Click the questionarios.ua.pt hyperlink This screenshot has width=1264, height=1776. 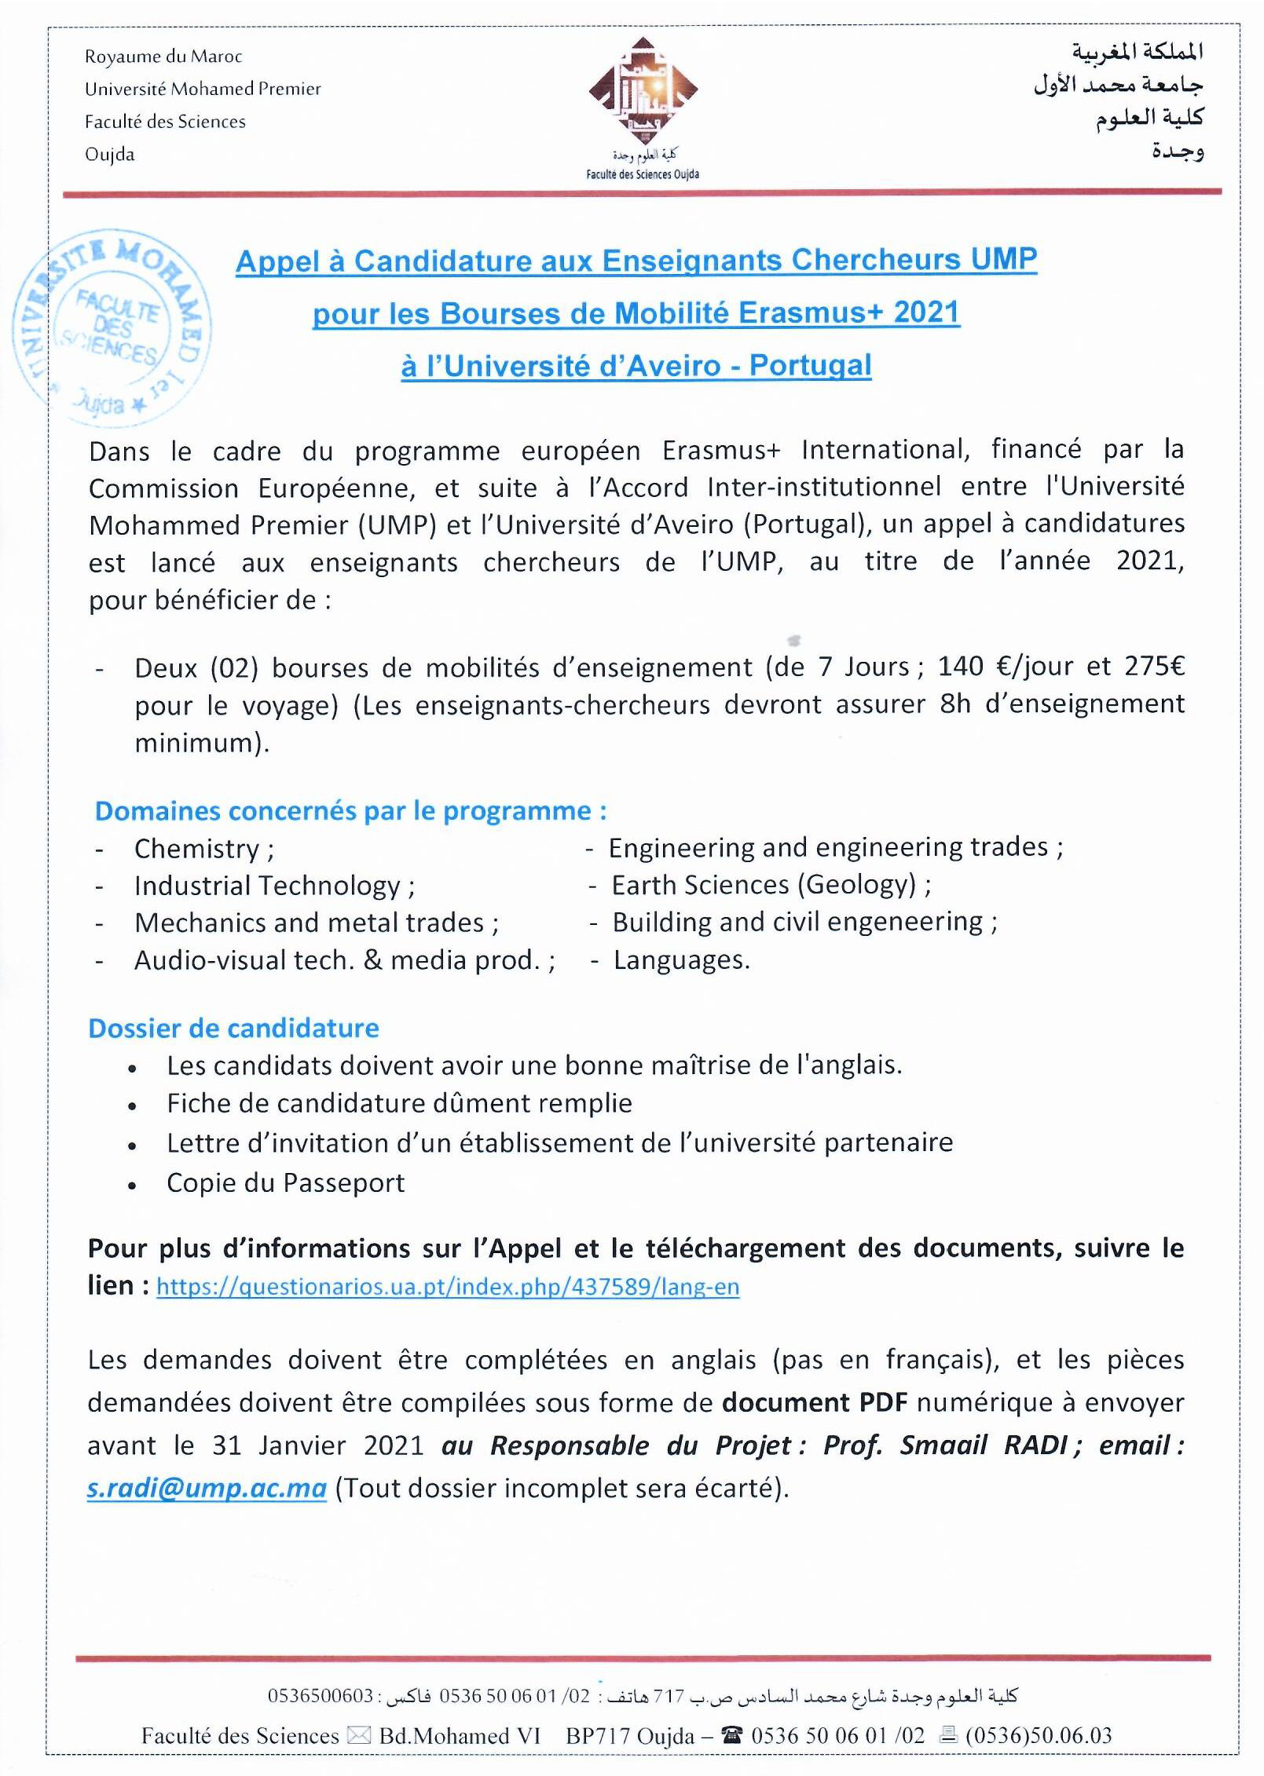[x=448, y=1287]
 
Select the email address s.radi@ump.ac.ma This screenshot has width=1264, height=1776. [x=207, y=1488]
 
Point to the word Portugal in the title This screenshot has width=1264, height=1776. [x=810, y=366]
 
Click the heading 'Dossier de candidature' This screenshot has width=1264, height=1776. [x=233, y=1028]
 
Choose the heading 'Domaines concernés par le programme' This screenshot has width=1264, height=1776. [x=350, y=810]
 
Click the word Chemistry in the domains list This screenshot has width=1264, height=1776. [x=196, y=849]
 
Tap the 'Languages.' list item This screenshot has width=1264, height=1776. [x=681, y=960]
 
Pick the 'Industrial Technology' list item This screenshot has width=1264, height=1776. [x=267, y=886]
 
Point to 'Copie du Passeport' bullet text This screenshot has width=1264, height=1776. [x=285, y=1182]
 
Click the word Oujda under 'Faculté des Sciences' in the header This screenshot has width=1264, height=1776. [x=110, y=154]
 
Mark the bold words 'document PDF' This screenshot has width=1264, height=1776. [x=815, y=1402]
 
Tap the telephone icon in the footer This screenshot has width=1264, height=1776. [x=731, y=1734]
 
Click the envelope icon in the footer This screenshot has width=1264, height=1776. [x=358, y=1734]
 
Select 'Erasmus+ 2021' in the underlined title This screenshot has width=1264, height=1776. [x=848, y=312]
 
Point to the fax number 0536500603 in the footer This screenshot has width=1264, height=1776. [x=321, y=1695]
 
